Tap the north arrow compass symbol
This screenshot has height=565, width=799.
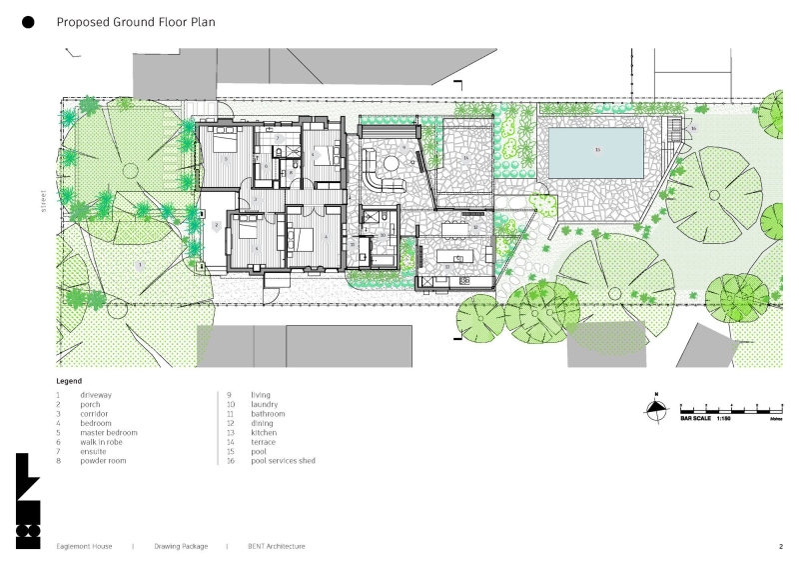(655, 407)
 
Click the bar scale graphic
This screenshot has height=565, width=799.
(730, 410)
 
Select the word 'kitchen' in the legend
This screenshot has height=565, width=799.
(264, 432)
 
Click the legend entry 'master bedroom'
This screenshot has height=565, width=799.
(109, 432)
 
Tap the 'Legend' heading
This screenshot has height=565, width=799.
(69, 381)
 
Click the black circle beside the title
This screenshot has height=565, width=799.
(28, 21)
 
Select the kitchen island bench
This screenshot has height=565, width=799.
(458, 258)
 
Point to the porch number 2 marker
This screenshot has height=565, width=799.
(216, 226)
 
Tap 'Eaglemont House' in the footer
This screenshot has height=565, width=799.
(84, 547)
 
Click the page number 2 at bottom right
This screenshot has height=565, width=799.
(780, 547)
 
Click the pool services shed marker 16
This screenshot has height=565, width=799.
(693, 128)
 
